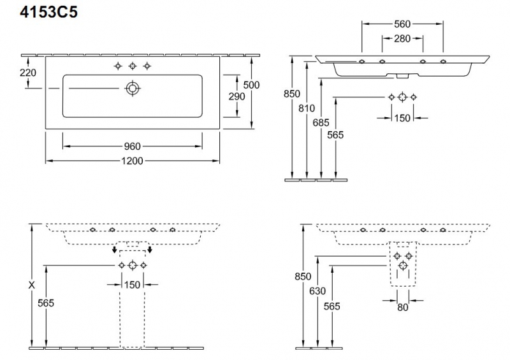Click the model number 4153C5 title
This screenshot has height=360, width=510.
(49, 12)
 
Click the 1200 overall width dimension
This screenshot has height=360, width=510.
(133, 161)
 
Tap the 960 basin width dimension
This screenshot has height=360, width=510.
(133, 147)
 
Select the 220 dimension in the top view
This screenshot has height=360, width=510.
(27, 73)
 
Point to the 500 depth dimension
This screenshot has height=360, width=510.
(251, 85)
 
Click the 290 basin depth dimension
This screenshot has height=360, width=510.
(237, 96)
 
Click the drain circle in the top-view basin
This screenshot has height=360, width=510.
(133, 88)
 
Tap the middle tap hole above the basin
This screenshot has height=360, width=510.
(133, 66)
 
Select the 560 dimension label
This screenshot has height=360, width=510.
(402, 24)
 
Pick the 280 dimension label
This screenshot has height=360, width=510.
(402, 38)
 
